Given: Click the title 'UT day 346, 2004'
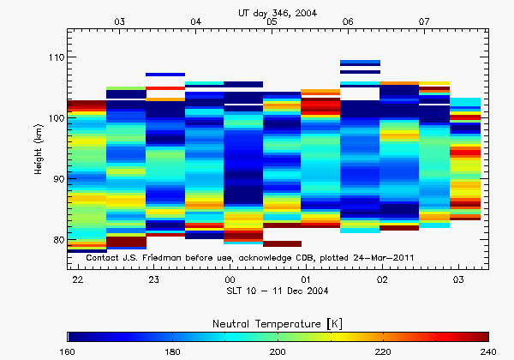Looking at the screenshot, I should pyautogui.click(x=278, y=11).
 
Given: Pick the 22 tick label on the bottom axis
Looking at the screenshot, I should pyautogui.click(x=78, y=280).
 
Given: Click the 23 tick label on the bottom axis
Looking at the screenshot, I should pyautogui.click(x=154, y=280).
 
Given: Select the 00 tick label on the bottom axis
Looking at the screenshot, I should pyautogui.click(x=230, y=280).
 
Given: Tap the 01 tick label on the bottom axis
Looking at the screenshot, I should pyautogui.click(x=307, y=280).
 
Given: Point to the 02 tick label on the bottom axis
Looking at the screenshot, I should pyautogui.click(x=383, y=280).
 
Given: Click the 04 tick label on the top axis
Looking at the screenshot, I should pyautogui.click(x=196, y=21).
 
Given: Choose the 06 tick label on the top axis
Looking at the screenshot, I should pyautogui.click(x=348, y=21).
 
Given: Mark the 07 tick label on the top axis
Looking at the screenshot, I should pyautogui.click(x=424, y=21).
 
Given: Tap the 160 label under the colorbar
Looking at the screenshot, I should pyautogui.click(x=68, y=351).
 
